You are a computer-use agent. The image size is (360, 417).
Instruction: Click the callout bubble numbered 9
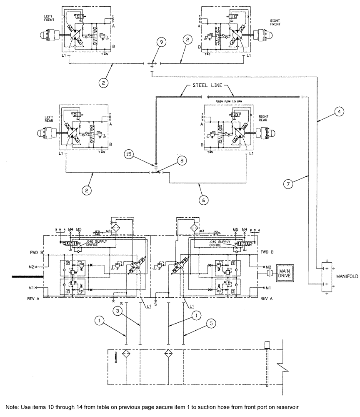click(x=161, y=42)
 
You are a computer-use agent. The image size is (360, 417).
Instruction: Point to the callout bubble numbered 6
click(x=203, y=200)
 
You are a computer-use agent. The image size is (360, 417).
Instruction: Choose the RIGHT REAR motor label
click(x=265, y=118)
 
